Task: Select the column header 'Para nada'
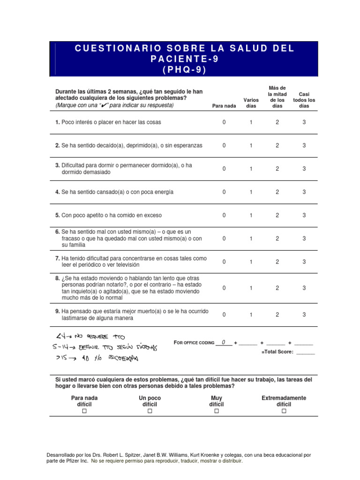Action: click(224, 106)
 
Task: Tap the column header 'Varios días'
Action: click(251, 103)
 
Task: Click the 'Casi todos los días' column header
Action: click(304, 100)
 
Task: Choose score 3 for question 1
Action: click(304, 122)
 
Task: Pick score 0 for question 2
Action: click(224, 146)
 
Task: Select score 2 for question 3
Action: click(277, 169)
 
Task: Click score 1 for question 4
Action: click(251, 192)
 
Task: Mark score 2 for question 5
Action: click(277, 216)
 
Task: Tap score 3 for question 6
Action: click(304, 239)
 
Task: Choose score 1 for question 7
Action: click(251, 262)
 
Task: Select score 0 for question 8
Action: click(224, 288)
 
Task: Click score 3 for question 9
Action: click(304, 315)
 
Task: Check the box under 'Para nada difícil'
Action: click(84, 411)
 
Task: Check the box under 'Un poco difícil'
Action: click(150, 411)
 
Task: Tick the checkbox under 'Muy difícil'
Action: click(217, 411)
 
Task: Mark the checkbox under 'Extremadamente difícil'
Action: click(284, 411)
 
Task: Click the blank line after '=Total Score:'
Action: click(306, 352)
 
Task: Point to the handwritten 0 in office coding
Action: click(224, 342)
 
